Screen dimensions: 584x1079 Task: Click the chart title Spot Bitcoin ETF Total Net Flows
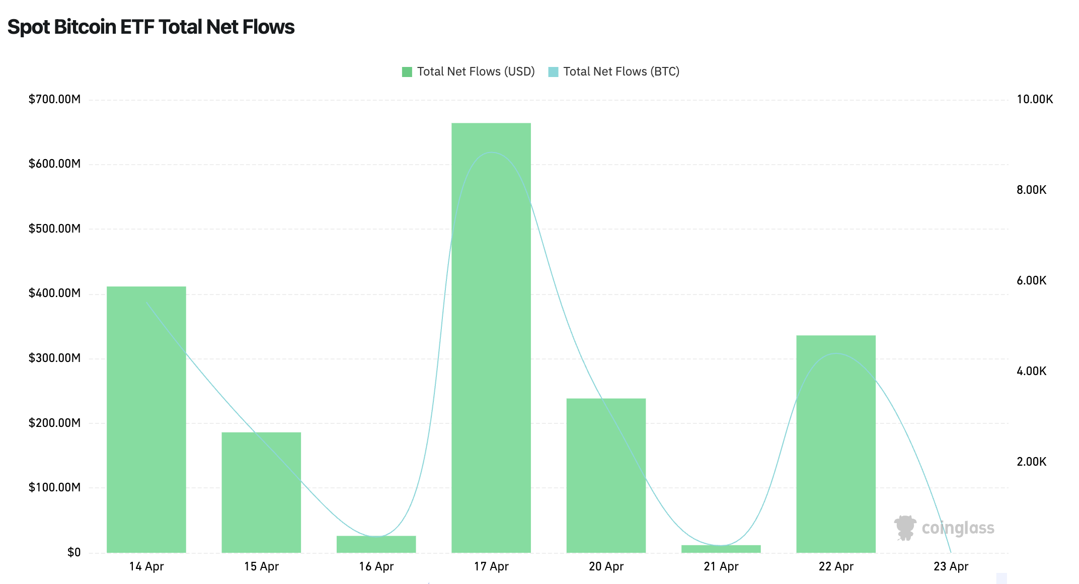pos(151,27)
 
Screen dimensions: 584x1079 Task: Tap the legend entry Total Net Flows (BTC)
pos(614,71)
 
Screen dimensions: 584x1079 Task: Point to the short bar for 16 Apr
pos(376,544)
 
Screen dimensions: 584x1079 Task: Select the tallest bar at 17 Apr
pos(491,337)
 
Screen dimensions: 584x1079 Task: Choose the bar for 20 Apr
pos(606,475)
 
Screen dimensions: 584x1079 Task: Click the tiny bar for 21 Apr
pos(721,549)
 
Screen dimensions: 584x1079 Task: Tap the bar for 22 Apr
pos(836,444)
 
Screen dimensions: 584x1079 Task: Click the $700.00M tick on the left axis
pos(54,99)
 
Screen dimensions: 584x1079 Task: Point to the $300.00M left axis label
pos(54,358)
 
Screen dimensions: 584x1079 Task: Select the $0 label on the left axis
pos(74,552)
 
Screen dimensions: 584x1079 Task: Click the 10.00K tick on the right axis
pos(1034,99)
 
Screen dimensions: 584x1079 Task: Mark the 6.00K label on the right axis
pos(1031,280)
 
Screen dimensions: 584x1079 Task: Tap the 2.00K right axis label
pos(1031,462)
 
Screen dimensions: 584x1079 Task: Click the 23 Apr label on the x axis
pos(951,566)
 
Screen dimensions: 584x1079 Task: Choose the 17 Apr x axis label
pos(491,566)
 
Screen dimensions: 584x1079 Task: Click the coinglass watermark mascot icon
pos(905,528)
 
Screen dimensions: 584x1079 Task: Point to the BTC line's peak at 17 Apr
pos(491,152)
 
